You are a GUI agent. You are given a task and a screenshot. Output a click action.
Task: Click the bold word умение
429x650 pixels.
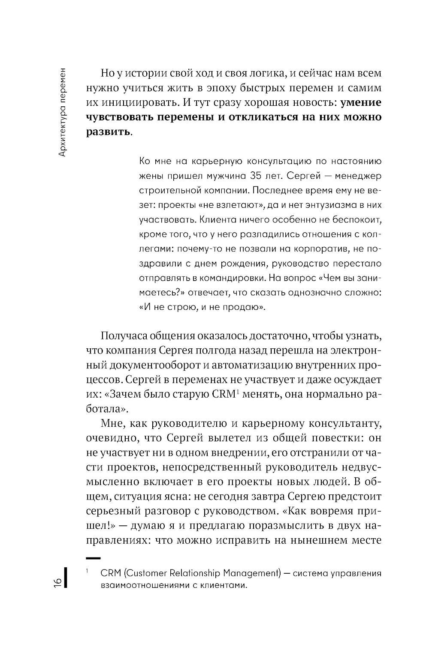(x=360, y=102)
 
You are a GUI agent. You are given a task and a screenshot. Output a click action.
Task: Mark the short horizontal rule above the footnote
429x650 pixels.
(x=93, y=558)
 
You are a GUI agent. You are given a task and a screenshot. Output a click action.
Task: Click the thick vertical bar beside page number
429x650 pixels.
(x=66, y=578)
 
